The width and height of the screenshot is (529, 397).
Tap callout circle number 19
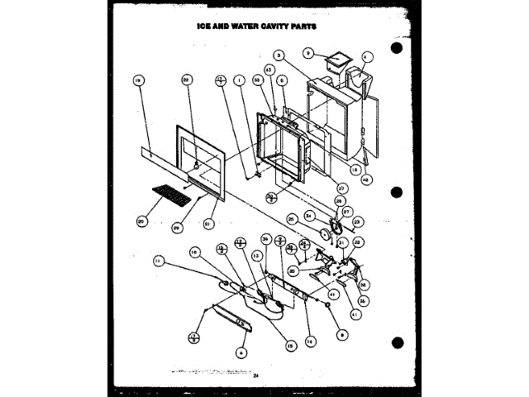(x=138, y=80)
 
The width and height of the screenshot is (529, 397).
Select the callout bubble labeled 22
(x=187, y=79)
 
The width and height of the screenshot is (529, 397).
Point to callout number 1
(x=240, y=80)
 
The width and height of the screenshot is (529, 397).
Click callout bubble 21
(x=207, y=222)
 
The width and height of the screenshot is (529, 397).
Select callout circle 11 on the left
(x=159, y=261)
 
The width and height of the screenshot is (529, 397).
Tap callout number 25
(x=292, y=219)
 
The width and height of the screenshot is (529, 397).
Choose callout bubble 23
(x=359, y=222)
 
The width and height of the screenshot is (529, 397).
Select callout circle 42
(x=366, y=179)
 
